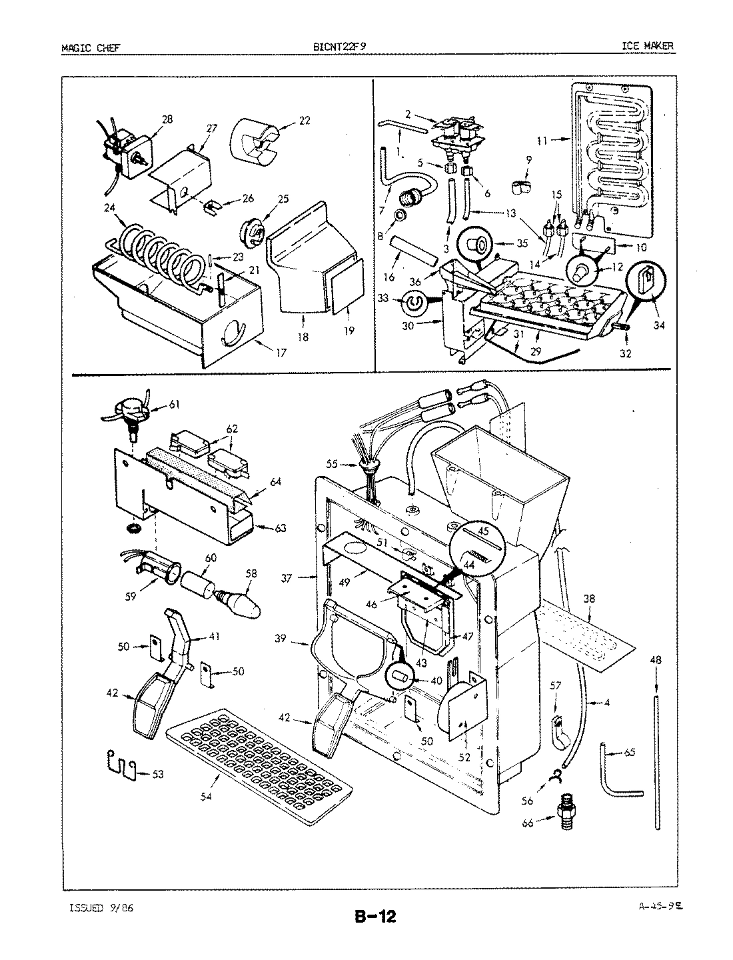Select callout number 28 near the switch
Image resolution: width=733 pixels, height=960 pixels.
(x=167, y=119)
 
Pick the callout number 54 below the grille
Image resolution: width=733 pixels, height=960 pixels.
(x=206, y=797)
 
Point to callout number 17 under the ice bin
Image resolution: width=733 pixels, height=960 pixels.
(x=281, y=353)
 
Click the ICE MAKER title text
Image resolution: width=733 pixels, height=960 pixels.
(x=648, y=46)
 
